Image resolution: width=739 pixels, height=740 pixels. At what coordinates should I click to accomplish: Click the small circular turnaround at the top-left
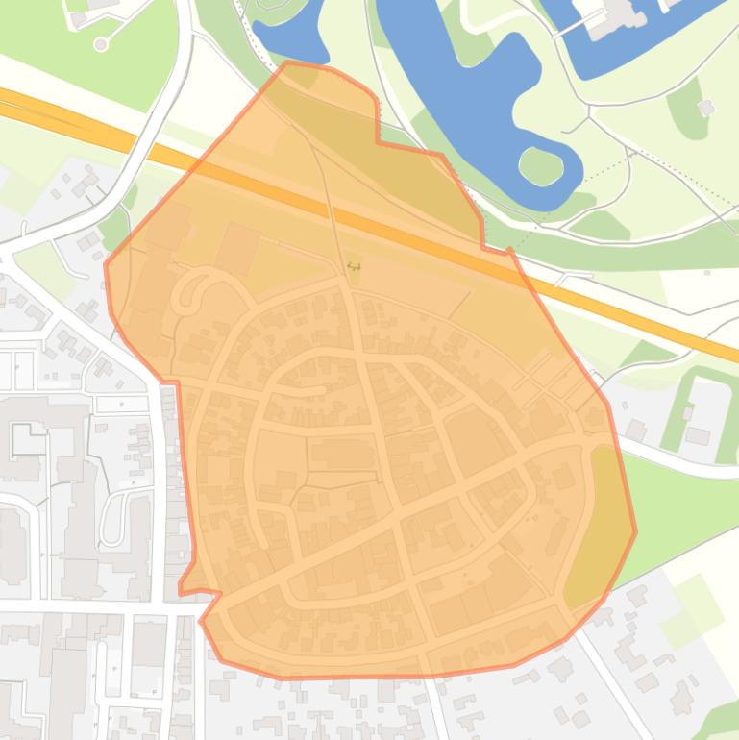pyautogui.click(x=101, y=44)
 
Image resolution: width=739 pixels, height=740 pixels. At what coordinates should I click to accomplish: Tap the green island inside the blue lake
pyautogui.click(x=541, y=166)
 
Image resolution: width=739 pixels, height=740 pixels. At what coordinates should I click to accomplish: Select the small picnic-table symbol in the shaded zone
pyautogui.click(x=354, y=266)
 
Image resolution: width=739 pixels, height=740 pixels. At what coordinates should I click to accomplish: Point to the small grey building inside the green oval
pyautogui.click(x=706, y=108)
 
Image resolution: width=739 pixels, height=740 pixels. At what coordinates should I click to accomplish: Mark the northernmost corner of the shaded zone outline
pyautogui.click(x=287, y=63)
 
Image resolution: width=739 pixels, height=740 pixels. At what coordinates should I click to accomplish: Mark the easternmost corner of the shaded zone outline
pyautogui.click(x=635, y=530)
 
